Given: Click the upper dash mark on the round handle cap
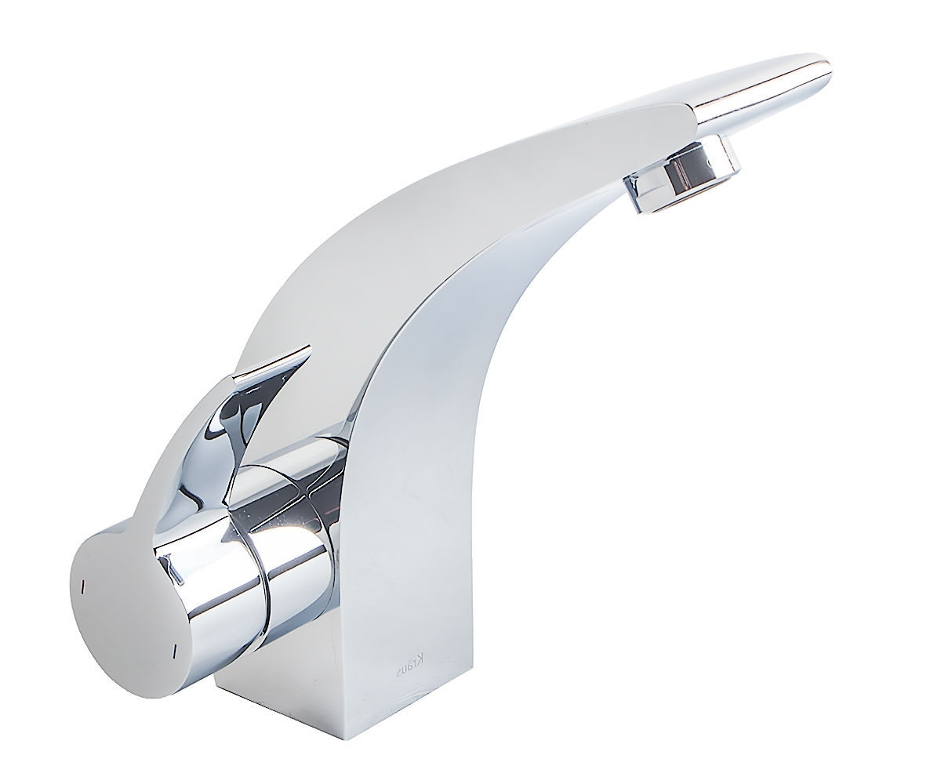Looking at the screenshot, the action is click(83, 586).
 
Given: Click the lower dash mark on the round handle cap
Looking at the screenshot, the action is click(174, 650).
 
